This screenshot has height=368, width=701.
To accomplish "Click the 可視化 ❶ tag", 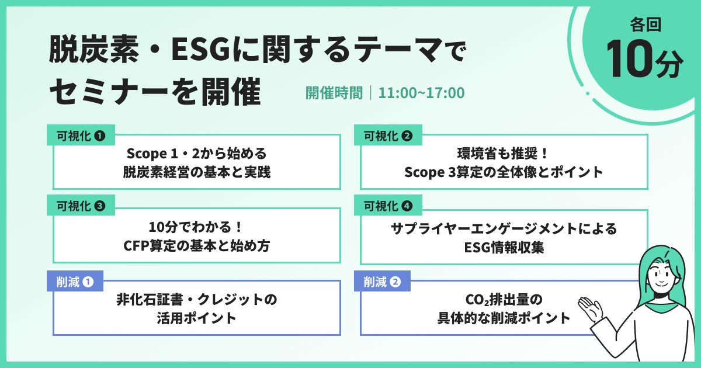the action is [81, 135].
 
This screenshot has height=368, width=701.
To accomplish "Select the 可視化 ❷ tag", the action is [388, 135].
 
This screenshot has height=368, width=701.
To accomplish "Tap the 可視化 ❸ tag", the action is [81, 205].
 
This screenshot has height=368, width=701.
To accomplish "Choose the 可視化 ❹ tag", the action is [388, 205].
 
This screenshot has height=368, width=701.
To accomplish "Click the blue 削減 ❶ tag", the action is [75, 282].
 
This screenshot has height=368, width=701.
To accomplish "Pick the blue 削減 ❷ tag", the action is [382, 282].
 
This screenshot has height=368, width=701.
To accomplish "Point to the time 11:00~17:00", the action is [421, 93].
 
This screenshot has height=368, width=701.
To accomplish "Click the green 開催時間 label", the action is [334, 93].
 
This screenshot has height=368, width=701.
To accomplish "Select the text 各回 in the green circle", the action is [646, 25].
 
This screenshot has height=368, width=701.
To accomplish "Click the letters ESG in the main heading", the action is [202, 50].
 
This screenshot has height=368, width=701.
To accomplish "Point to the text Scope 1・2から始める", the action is [196, 153].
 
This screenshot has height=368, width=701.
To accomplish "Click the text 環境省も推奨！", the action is [503, 153].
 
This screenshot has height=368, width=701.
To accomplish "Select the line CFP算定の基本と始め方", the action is [196, 246].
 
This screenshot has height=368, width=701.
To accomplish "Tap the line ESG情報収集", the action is [504, 247].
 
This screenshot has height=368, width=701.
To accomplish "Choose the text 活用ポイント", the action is [196, 318].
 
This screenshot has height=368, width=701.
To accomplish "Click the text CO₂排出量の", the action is [504, 300].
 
